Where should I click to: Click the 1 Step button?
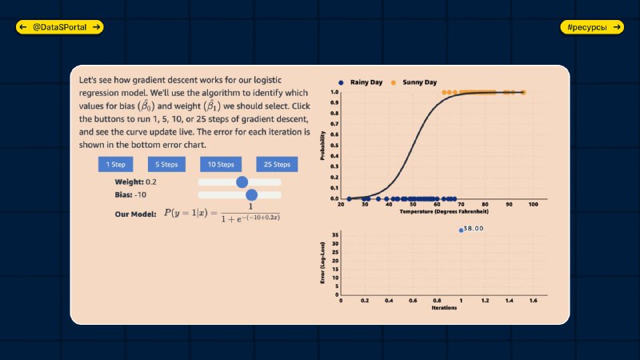(115, 165)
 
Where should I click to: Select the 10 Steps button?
(221, 165)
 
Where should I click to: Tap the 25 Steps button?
(277, 165)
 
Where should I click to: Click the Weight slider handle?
(242, 182)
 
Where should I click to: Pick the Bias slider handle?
(252, 194)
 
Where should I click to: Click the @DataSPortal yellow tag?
(59, 27)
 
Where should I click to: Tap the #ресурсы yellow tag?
(592, 27)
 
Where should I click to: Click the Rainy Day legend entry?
(361, 82)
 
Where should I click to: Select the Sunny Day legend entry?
(414, 82)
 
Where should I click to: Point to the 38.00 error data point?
(462, 230)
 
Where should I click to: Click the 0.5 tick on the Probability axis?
(334, 146)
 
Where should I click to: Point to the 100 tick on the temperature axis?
(533, 205)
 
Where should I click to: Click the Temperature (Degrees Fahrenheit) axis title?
(444, 211)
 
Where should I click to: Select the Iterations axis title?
(444, 308)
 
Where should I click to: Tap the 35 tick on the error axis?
(335, 235)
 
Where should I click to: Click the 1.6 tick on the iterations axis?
(533, 301)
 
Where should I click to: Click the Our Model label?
(135, 214)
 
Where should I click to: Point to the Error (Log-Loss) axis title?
(322, 263)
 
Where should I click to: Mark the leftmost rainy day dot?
(349, 198)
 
